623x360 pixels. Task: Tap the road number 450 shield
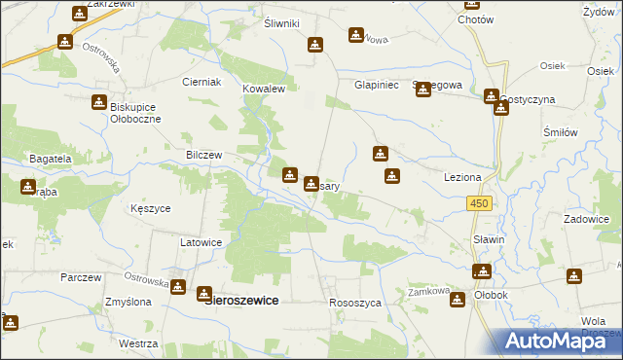pyautogui.click(x=478, y=202)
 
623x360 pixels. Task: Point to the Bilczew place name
pyautogui.click(x=205, y=155)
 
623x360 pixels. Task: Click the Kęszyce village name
pyautogui.click(x=151, y=208)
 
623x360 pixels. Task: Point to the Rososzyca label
pyautogui.click(x=356, y=304)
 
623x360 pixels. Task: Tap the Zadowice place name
pyautogui.click(x=586, y=220)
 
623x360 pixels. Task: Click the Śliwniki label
pyautogui.click(x=282, y=23)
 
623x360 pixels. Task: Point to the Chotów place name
pyautogui.click(x=475, y=19)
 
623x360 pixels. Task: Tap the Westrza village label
pyautogui.click(x=138, y=344)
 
